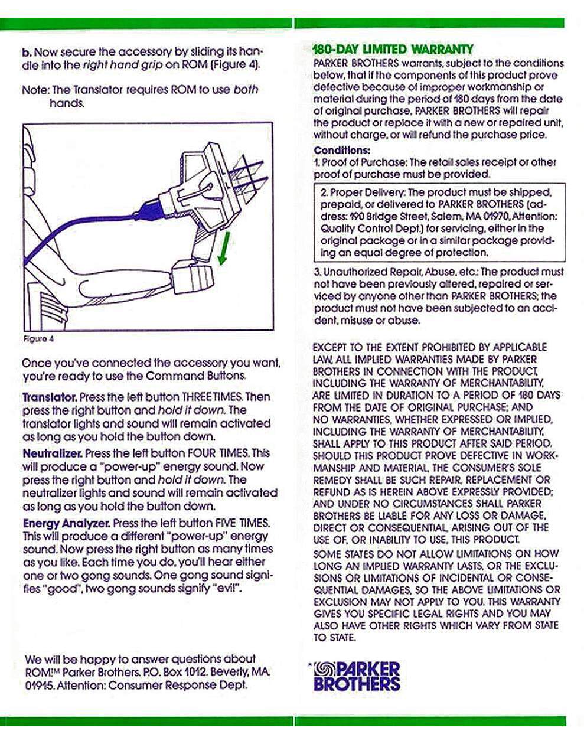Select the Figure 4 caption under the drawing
(38, 339)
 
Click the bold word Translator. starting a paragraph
(49, 397)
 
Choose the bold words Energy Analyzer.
(66, 523)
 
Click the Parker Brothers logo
(357, 677)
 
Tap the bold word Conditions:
(342, 150)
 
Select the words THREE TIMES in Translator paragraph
(211, 397)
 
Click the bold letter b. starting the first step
(26, 52)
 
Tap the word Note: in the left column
(35, 90)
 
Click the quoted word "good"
(61, 589)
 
